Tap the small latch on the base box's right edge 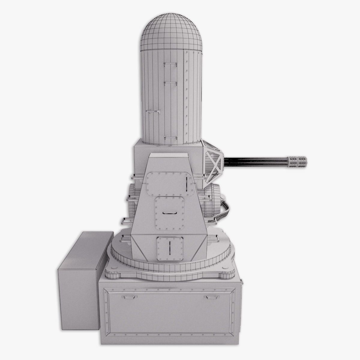click(x=241, y=280)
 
